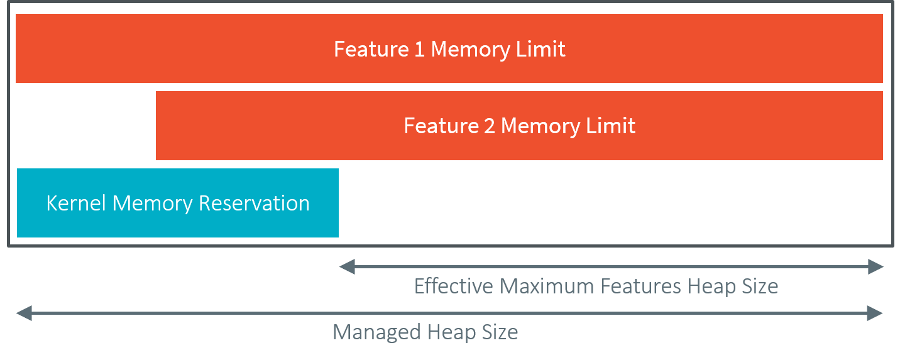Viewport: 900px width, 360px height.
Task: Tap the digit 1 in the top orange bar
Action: [420, 49]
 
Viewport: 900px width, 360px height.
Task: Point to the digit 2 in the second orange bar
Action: [490, 126]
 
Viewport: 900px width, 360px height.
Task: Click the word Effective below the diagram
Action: [454, 286]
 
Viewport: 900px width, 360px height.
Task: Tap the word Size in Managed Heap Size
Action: [500, 332]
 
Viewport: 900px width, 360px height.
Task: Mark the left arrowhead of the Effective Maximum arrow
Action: [346, 267]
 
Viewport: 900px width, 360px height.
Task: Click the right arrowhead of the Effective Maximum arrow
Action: [877, 267]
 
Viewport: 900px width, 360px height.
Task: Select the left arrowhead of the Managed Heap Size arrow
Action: [23, 313]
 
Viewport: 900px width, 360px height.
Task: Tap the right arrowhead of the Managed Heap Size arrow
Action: [877, 313]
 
